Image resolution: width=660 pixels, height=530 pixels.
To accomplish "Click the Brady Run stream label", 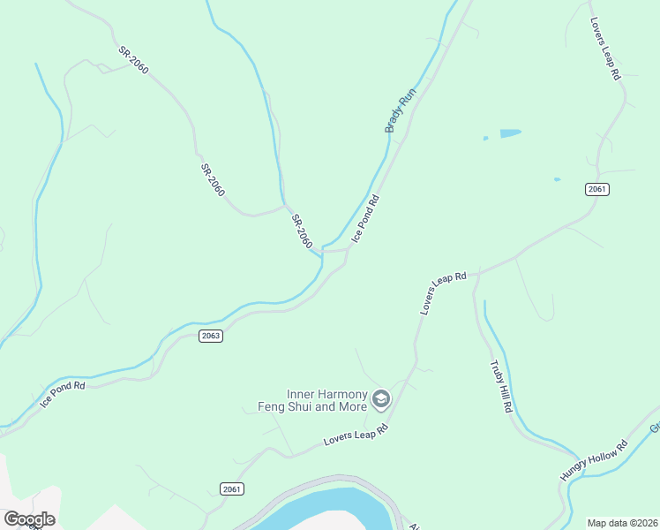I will [400, 115].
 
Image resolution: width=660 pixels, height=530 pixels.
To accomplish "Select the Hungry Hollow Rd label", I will [593, 460].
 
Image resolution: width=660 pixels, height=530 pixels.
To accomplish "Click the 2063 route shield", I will [210, 336].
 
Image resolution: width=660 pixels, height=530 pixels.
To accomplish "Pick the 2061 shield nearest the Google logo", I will [231, 488].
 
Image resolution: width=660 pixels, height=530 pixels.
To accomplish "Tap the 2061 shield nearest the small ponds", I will [597, 189].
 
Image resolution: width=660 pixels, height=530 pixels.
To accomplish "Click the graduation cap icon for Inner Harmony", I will [381, 400].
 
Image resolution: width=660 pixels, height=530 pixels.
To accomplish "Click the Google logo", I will [29, 519].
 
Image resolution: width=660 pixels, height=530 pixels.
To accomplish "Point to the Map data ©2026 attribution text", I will [622, 523].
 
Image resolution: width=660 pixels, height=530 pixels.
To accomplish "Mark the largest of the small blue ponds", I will [510, 133].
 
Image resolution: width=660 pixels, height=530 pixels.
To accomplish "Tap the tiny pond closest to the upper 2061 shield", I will [557, 179].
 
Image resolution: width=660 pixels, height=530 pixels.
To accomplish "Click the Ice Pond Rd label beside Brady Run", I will [365, 218].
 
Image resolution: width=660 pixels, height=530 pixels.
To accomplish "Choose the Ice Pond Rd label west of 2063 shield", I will [63, 394].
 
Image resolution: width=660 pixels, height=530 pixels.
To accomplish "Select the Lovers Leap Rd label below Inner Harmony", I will [356, 435].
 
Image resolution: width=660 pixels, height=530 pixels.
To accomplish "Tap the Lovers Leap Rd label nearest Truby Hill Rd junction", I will [443, 293].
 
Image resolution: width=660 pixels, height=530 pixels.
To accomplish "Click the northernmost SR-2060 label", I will [133, 60].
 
